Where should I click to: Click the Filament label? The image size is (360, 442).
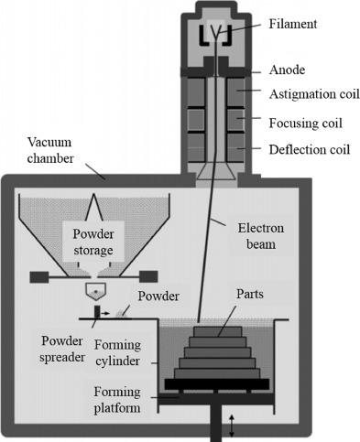tap(293, 24)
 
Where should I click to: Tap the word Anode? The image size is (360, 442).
tap(287, 70)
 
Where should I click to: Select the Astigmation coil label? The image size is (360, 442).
tap(314, 94)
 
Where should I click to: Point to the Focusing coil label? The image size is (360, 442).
tap(305, 124)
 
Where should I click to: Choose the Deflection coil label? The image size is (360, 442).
tap(309, 149)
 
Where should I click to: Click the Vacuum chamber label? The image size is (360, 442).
tap(50, 150)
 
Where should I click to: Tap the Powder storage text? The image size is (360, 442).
tap(93, 243)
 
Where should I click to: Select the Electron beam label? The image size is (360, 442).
tap(261, 236)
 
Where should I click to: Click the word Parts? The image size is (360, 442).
tap(250, 294)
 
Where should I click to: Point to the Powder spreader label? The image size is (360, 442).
tap(62, 350)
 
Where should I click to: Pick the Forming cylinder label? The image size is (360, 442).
tap(117, 353)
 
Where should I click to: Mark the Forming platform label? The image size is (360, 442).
tap(117, 400)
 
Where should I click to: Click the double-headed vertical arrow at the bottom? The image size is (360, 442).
tap(232, 426)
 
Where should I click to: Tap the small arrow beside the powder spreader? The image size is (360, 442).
tap(105, 313)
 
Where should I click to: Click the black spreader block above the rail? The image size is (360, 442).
tap(97, 312)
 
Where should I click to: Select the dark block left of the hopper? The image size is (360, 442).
tap(39, 277)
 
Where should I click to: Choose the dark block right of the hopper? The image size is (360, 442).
tap(148, 277)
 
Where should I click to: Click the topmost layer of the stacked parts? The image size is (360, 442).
tap(218, 331)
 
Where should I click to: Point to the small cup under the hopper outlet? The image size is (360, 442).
tap(95, 292)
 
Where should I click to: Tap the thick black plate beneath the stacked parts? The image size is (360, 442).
tap(217, 384)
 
